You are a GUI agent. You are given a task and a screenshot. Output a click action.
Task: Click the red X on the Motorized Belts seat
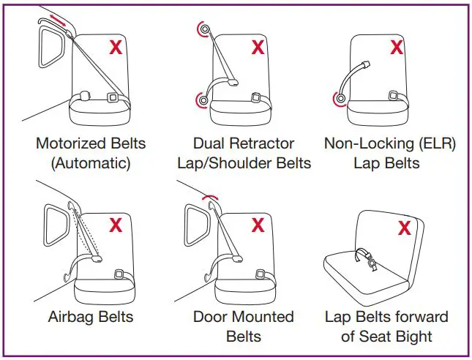[x=116, y=48]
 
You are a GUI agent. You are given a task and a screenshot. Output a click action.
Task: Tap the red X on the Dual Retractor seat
[x=258, y=48]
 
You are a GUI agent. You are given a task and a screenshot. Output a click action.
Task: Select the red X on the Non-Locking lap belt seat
[x=396, y=48]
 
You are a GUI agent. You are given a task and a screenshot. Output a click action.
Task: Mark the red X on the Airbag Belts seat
[x=116, y=225]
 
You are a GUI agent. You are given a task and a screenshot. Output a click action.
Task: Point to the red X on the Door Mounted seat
[x=258, y=225]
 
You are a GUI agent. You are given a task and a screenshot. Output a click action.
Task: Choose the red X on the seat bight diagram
[x=403, y=228]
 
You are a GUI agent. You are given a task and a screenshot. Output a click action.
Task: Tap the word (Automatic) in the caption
[x=91, y=162]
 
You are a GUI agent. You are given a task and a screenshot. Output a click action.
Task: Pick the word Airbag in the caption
[x=70, y=318]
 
